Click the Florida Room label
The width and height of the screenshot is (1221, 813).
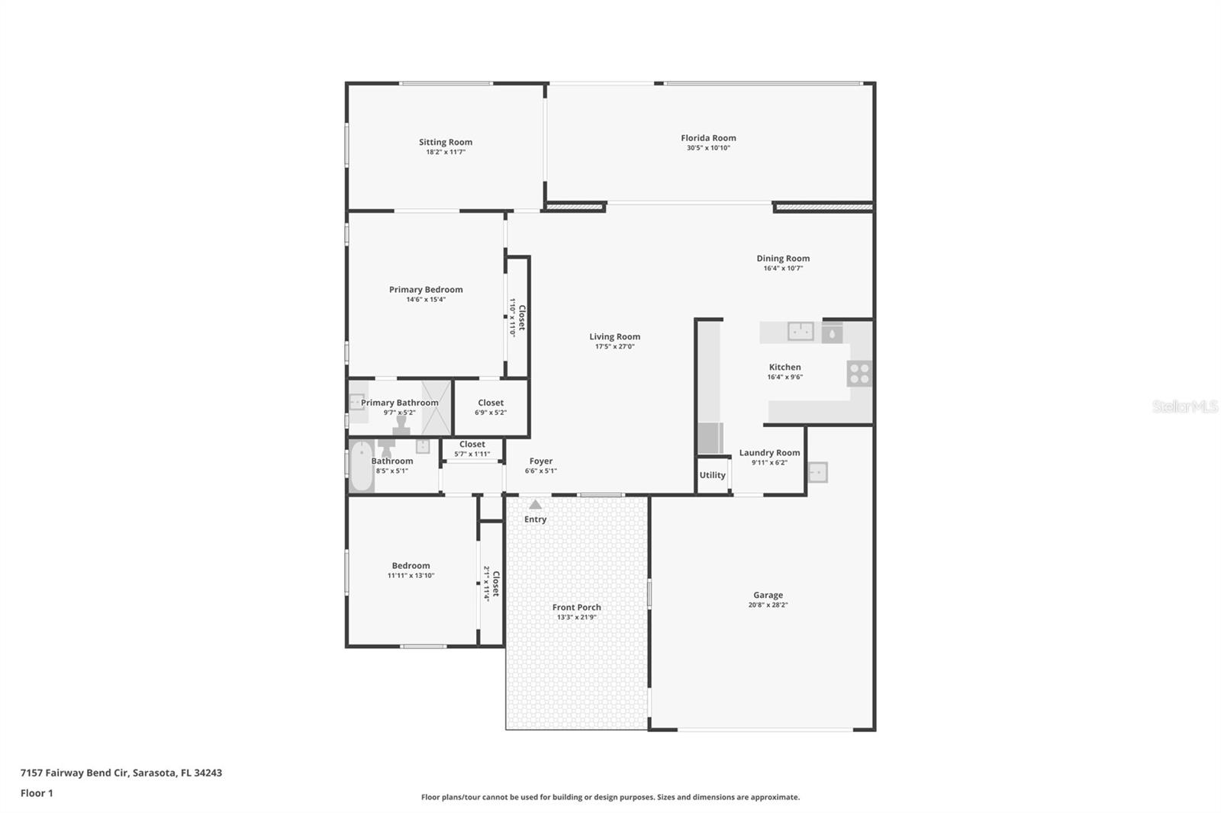[708, 138]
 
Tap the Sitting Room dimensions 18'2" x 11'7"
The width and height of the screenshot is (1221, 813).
[446, 152]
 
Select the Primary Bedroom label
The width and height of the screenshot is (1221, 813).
[426, 289]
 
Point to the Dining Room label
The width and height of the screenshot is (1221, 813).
[783, 259]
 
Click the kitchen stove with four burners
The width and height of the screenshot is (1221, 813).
[859, 374]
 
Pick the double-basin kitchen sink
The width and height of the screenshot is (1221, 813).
[801, 331]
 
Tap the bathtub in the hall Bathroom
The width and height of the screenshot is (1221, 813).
[361, 466]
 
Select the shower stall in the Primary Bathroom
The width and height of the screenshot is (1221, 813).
[437, 407]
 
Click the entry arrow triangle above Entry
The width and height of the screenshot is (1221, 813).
[535, 505]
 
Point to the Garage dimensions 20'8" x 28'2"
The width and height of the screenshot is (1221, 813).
[768, 605]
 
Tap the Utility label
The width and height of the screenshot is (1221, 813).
[713, 475]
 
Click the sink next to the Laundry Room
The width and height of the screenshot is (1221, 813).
[817, 472]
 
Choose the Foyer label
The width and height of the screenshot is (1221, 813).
[541, 461]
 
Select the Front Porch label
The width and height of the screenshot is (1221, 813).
[576, 607]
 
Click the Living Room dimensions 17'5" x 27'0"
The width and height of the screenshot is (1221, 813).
[615, 346]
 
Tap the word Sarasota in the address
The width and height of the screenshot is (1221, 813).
[154, 773]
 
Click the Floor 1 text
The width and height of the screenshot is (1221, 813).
[37, 793]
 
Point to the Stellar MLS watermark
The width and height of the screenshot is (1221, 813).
[1185, 406]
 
